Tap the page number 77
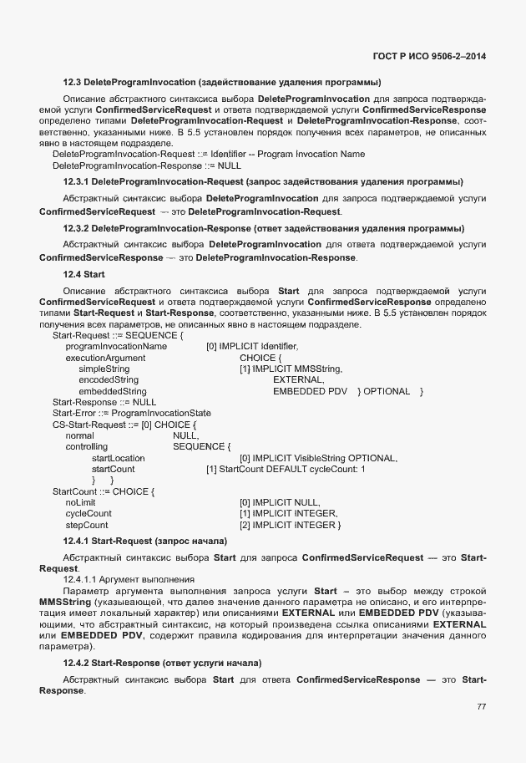[x=481, y=706]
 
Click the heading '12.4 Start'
[x=83, y=274]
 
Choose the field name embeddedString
[x=112, y=391]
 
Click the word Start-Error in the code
[x=73, y=414]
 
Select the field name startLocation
[x=118, y=458]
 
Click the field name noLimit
[x=80, y=502]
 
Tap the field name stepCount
[x=86, y=525]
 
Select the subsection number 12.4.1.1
[x=83, y=578]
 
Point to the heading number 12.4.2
[x=75, y=663]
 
